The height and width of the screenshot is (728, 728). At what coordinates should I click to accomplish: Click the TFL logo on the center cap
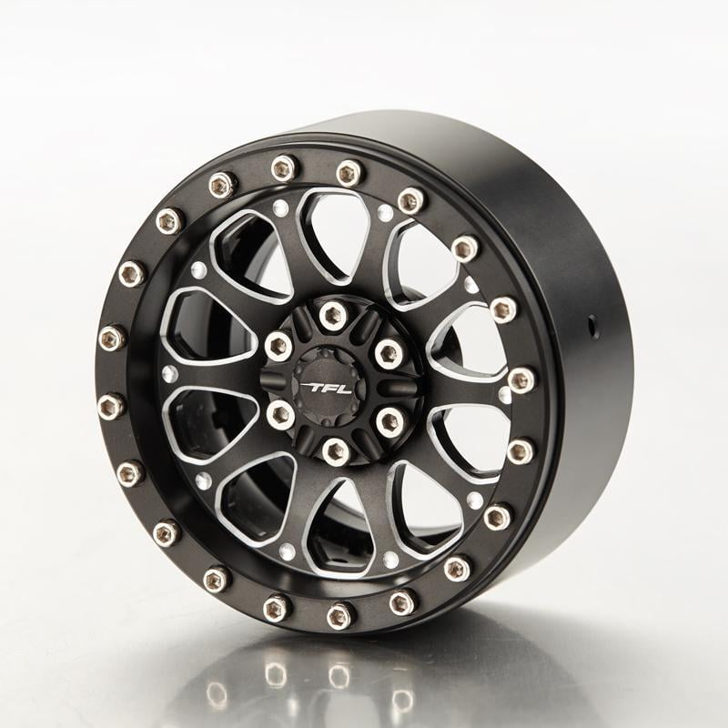(x=328, y=388)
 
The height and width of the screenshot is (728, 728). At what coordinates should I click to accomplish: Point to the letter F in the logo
(x=329, y=388)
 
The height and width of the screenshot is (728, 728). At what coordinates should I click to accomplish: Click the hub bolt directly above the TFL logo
(x=332, y=315)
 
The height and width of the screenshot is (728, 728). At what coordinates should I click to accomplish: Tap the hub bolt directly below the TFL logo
(x=335, y=450)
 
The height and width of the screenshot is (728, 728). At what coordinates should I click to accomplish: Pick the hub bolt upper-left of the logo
(x=278, y=345)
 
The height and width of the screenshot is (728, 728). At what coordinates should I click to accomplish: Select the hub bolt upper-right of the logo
(x=389, y=353)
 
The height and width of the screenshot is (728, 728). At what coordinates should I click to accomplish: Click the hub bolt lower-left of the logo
(x=280, y=415)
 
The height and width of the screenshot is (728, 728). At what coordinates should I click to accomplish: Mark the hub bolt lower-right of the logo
(x=390, y=420)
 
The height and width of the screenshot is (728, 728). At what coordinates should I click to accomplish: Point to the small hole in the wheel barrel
(x=592, y=321)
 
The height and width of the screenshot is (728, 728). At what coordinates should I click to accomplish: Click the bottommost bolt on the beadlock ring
(x=339, y=615)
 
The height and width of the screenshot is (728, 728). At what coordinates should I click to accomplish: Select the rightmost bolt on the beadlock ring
(x=521, y=379)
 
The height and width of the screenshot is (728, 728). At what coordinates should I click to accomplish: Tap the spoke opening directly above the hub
(x=332, y=232)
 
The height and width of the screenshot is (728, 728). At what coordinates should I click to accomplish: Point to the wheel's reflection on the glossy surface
(x=337, y=678)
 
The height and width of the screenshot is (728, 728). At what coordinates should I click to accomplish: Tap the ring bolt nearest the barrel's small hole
(x=503, y=309)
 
